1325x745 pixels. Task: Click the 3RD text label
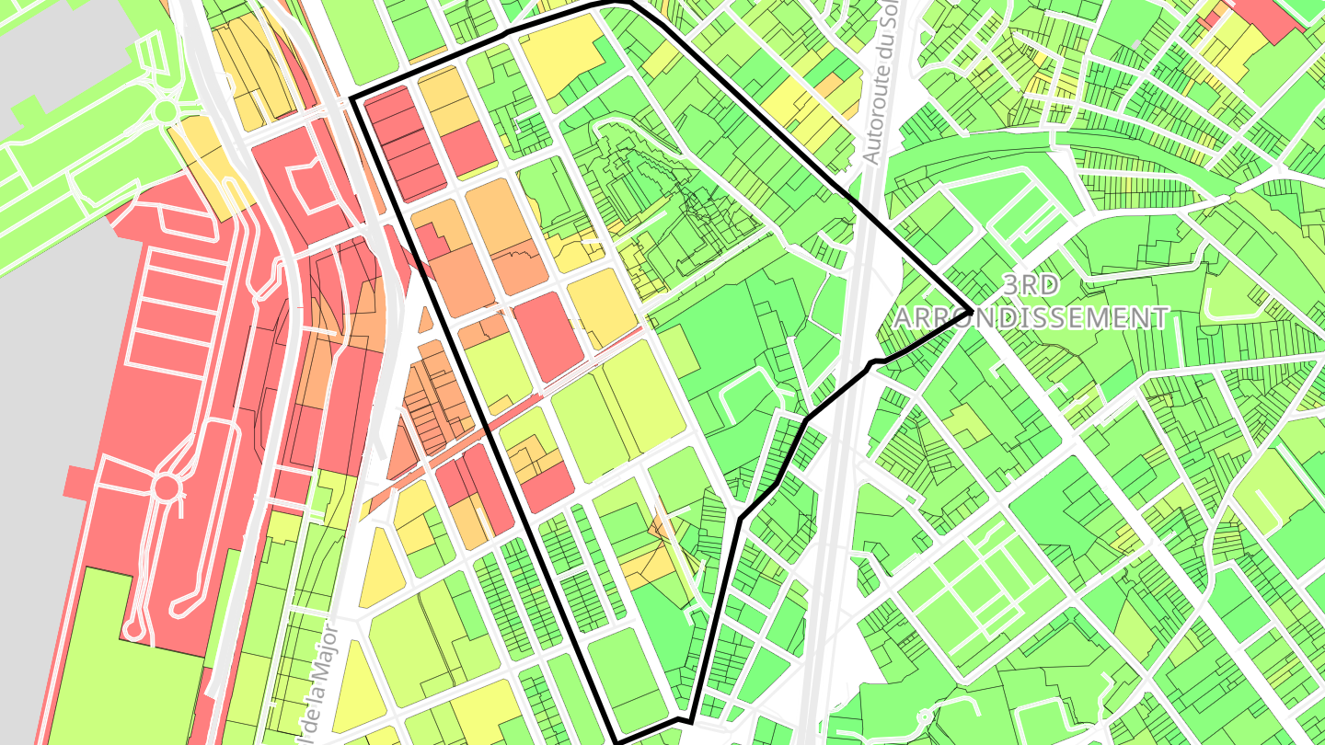pyautogui.click(x=1030, y=285)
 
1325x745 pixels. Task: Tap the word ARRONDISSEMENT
pyautogui.click(x=1031, y=318)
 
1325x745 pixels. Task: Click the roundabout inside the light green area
pyautogui.click(x=166, y=111)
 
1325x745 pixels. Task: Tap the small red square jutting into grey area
pyautogui.click(x=78, y=481)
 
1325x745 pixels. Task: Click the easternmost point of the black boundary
pyautogui.click(x=972, y=310)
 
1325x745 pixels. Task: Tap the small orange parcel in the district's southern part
pyautogui.click(x=660, y=527)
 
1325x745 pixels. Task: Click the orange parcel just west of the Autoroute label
pyautogui.click(x=828, y=85)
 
